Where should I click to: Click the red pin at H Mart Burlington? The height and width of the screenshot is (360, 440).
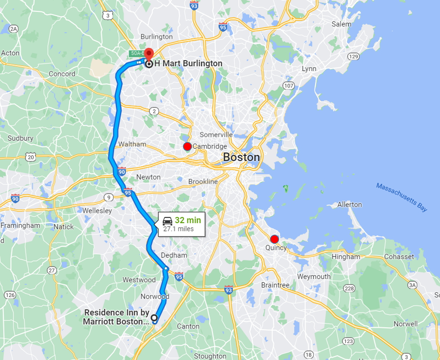pyautogui.click(x=149, y=53)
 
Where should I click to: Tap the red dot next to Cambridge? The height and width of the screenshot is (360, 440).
pyautogui.click(x=187, y=146)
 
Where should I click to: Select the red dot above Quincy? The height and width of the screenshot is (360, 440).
pyautogui.click(x=275, y=239)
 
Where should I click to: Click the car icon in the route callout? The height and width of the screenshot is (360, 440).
pyautogui.click(x=168, y=221)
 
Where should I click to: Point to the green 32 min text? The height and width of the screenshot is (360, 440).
pyautogui.click(x=188, y=220)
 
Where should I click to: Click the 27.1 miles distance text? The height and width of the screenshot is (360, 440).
pyautogui.click(x=178, y=229)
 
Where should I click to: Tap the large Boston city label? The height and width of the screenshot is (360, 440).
pyautogui.click(x=241, y=157)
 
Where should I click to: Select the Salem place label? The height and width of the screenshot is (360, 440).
pyautogui.click(x=341, y=24)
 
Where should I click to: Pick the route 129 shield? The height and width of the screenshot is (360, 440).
pyautogui.click(x=353, y=56)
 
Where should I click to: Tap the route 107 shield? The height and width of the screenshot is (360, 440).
pyautogui.click(x=289, y=86)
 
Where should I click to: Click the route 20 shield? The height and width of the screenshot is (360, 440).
pyautogui.click(x=31, y=156)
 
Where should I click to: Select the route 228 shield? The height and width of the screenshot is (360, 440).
pyautogui.click(x=349, y=288)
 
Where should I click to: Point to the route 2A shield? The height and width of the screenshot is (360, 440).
pyautogui.click(x=14, y=29)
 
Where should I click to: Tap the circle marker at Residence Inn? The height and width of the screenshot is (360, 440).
pyautogui.click(x=154, y=317)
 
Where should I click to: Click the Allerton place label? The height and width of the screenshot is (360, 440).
pyautogui.click(x=350, y=204)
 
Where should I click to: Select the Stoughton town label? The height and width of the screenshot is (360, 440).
pyautogui.click(x=210, y=356)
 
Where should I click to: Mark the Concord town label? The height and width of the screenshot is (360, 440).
pyautogui.click(x=62, y=74)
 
